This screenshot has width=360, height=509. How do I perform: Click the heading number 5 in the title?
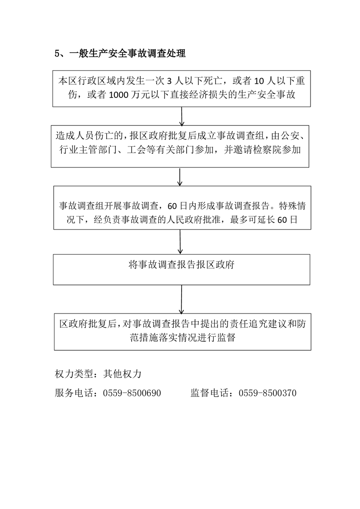57,54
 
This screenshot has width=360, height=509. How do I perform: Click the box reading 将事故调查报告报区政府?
182,269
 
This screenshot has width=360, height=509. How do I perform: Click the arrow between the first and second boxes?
182,116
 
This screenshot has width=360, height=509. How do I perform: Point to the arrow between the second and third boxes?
180,176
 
